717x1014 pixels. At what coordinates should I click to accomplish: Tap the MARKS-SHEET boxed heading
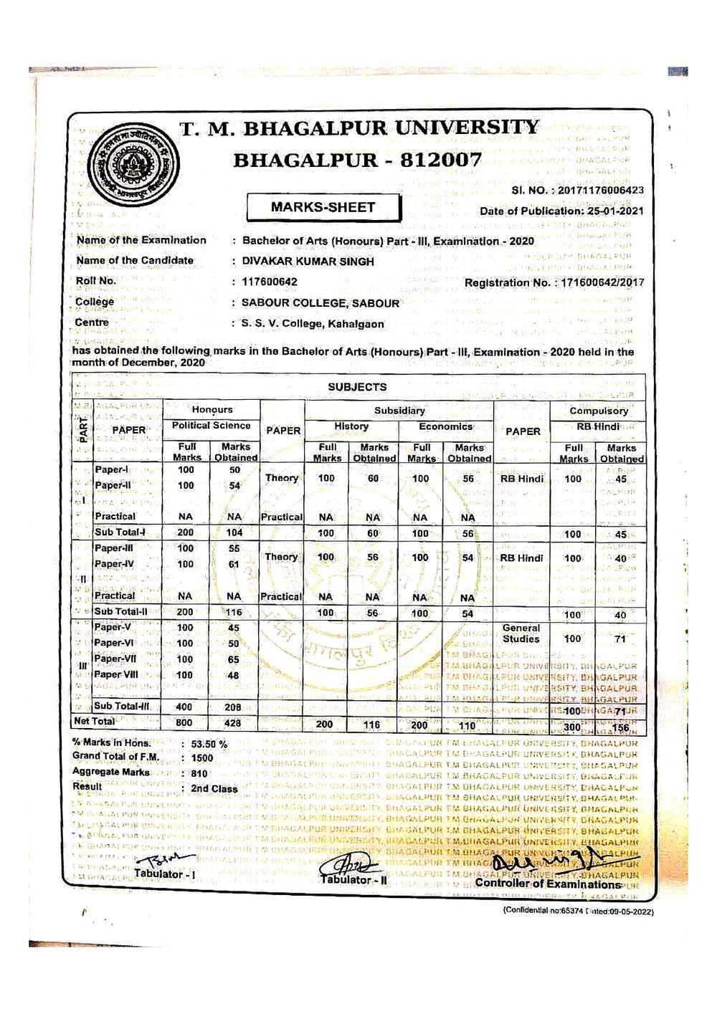[x=323, y=208]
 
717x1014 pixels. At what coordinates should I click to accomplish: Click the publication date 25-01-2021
[x=615, y=211]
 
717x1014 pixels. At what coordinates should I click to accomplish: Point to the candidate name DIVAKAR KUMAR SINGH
[x=308, y=262]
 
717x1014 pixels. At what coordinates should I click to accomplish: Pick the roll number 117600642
[x=270, y=282]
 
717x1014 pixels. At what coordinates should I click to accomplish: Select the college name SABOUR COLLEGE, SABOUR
[x=320, y=303]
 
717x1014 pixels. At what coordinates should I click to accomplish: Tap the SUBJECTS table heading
[x=357, y=387]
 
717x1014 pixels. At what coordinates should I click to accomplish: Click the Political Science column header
[x=212, y=426]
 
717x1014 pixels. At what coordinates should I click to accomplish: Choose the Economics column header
[x=445, y=426]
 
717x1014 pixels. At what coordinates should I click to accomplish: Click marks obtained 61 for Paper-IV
[x=234, y=565]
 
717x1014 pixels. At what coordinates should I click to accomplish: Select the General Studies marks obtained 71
[x=620, y=639]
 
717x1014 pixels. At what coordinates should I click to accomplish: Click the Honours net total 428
[x=233, y=723]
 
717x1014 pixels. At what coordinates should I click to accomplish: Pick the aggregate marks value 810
[x=199, y=774]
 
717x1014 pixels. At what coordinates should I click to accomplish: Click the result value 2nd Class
[x=214, y=789]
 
